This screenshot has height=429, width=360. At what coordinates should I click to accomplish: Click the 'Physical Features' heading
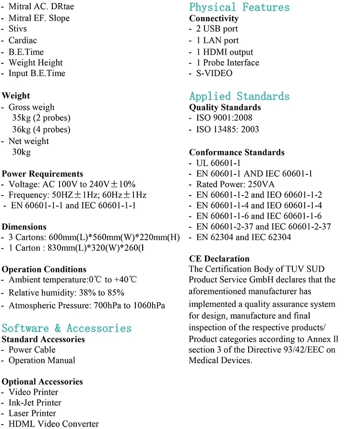(239, 7)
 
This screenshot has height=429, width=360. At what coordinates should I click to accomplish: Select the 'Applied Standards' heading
(239, 96)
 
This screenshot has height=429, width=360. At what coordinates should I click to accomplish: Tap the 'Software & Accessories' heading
(66, 328)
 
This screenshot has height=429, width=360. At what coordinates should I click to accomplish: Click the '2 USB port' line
(223, 29)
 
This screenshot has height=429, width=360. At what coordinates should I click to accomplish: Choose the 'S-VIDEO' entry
(214, 74)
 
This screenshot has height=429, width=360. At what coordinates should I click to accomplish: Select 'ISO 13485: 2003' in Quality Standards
(227, 129)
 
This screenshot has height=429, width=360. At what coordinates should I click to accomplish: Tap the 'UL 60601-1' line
(218, 163)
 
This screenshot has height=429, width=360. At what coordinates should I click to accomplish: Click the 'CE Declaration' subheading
(219, 259)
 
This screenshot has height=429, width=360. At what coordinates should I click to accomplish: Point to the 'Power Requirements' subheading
(42, 174)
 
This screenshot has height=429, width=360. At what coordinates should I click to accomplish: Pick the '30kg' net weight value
(21, 152)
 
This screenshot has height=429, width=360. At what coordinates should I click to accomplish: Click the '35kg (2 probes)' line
(41, 118)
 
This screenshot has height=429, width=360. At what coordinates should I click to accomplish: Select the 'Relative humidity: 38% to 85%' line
(66, 293)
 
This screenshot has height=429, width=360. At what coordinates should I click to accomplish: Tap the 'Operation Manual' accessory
(42, 360)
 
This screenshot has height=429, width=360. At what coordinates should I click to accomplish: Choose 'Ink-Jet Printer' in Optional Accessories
(35, 403)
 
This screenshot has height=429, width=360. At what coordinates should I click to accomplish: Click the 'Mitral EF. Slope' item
(39, 18)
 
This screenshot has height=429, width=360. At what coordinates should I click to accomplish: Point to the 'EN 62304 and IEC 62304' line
(243, 237)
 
